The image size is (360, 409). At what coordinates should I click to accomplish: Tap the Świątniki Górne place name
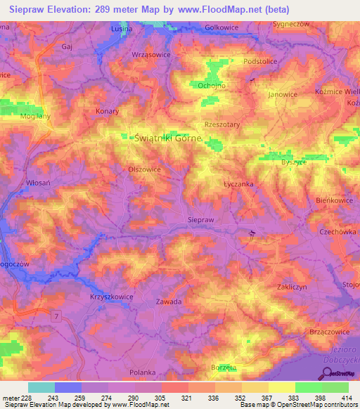(x=167, y=139)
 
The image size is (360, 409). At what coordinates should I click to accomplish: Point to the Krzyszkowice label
(x=112, y=297)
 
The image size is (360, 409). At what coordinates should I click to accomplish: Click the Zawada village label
(x=169, y=301)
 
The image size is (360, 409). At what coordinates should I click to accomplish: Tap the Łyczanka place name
(x=229, y=184)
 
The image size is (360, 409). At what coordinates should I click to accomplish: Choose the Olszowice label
(x=145, y=169)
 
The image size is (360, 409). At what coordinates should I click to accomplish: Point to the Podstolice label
(x=261, y=62)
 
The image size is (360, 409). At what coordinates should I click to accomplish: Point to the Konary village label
(x=107, y=111)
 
